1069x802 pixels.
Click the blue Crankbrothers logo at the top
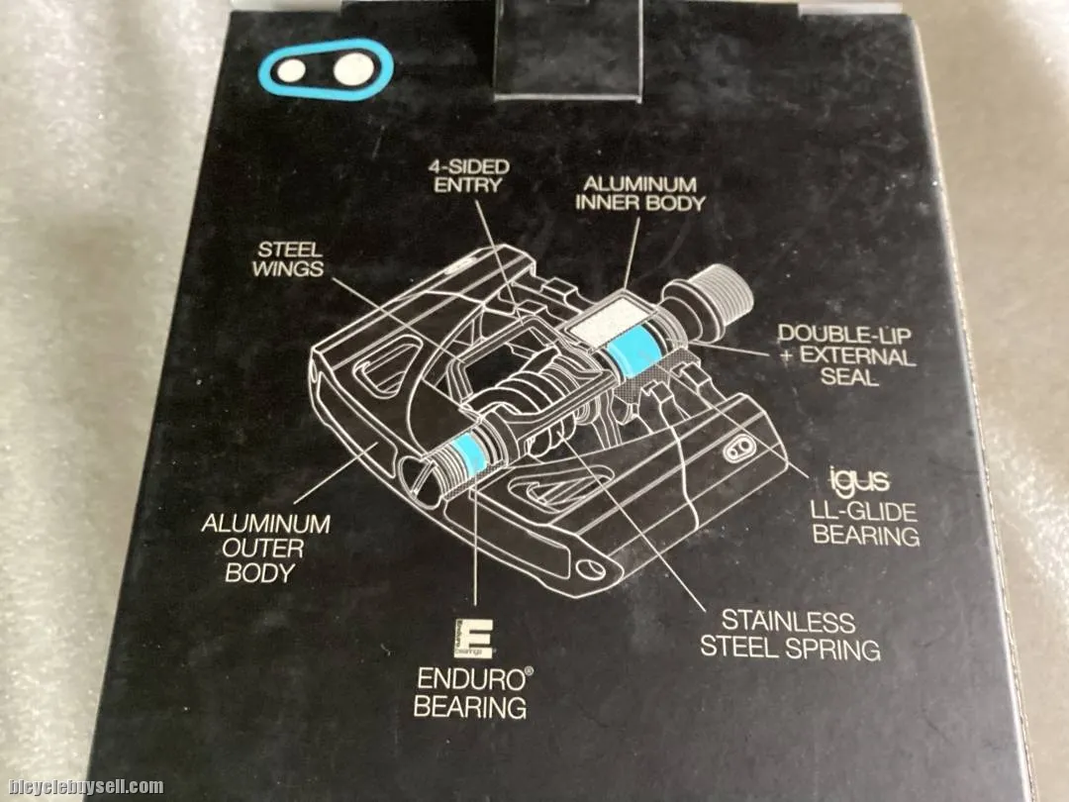[326, 68]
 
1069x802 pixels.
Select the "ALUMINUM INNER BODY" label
[639, 194]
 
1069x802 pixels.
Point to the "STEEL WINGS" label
[288, 259]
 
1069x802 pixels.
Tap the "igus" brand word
[858, 479]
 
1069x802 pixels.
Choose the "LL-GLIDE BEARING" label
[864, 523]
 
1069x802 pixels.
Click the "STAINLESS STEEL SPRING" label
[790, 635]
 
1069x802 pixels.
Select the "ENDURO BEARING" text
[472, 693]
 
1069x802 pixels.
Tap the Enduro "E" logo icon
[472, 639]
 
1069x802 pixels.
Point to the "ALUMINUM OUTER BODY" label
[265, 549]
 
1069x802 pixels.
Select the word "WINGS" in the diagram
[288, 268]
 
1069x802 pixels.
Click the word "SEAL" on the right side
[849, 376]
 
